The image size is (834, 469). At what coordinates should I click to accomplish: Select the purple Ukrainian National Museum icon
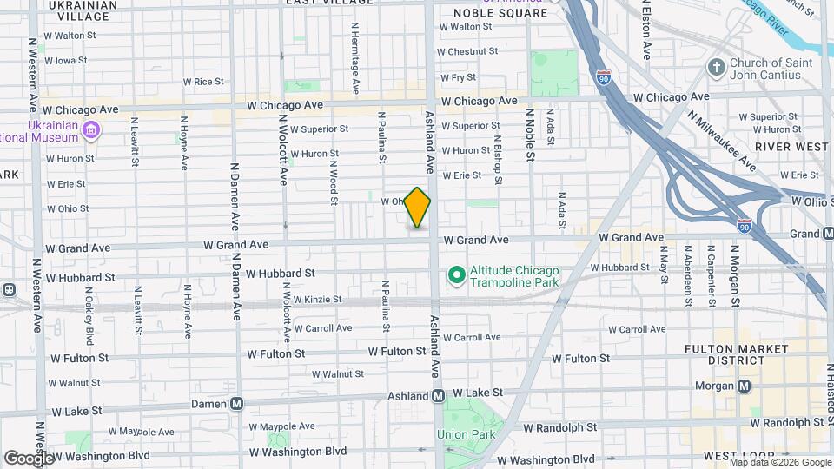tap(91, 132)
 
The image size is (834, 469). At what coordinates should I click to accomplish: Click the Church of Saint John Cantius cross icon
tap(716, 68)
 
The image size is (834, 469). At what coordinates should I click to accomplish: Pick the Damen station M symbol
tap(237, 403)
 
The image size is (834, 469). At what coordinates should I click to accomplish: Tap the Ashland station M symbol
tap(439, 395)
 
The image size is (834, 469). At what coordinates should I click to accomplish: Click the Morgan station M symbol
tap(745, 386)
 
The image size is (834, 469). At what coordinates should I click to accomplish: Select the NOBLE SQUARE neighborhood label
tap(501, 13)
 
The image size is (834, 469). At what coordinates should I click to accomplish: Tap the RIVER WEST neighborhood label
tap(791, 147)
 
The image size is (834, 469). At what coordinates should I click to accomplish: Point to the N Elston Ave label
tap(645, 30)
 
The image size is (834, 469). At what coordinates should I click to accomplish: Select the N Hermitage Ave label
tap(355, 58)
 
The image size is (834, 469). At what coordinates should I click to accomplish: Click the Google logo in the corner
tap(29, 458)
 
